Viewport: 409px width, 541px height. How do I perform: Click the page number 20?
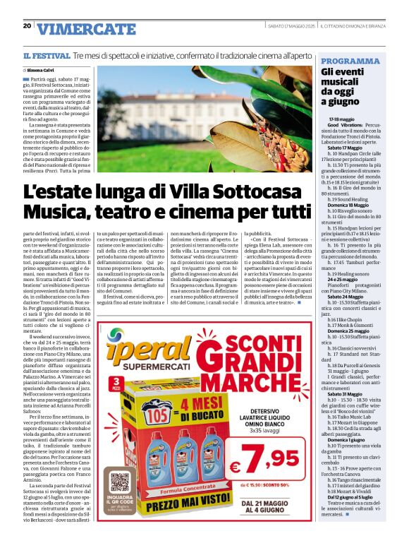(x=26, y=25)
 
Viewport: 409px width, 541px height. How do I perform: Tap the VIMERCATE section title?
(x=86, y=29)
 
